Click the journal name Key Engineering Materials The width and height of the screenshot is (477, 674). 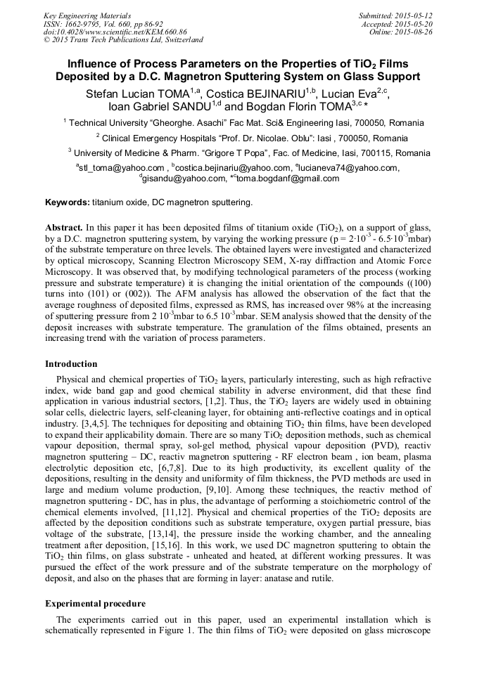[87, 15]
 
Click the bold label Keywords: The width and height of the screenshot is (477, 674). [68, 202]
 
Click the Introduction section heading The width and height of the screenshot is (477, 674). [71, 364]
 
